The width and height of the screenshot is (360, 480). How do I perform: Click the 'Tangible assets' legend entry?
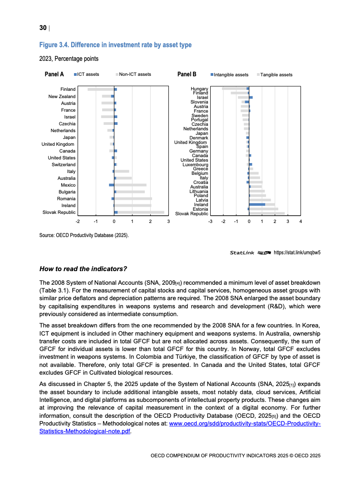pos(275,74)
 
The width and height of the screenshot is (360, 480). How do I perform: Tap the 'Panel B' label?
pos(187,74)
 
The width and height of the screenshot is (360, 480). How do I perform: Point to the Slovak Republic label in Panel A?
pos(59,212)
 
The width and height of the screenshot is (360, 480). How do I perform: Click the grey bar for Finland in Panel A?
pos(100,89)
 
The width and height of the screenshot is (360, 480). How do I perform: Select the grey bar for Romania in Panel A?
pos(133,198)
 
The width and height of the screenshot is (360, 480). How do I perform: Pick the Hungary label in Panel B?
pos(199,89)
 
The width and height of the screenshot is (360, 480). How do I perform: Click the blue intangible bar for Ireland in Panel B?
pos(257,204)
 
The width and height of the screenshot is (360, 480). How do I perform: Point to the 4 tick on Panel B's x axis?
pos(301,221)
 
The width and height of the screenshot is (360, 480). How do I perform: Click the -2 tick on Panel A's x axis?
pos(78,221)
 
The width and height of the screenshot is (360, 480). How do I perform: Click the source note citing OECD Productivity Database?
pos(84,235)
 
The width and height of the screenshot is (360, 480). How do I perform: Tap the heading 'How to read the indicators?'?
pos(83,268)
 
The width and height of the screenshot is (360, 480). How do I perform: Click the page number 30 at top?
pos(43,28)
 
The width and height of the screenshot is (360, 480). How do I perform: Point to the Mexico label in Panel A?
pos(68,185)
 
